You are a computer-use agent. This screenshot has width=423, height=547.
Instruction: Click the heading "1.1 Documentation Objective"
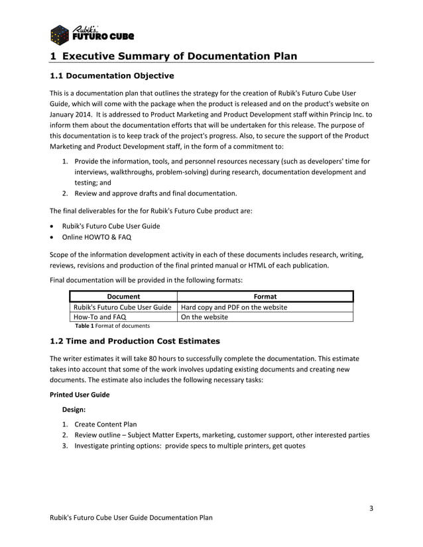point(112,75)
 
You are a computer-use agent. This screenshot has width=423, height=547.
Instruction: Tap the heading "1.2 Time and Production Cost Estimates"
point(135,342)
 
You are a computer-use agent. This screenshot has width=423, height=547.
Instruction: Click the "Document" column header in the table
point(123,296)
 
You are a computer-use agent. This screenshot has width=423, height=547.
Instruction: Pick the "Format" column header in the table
point(265,296)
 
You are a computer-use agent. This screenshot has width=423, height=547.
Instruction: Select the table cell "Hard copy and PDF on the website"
point(234,307)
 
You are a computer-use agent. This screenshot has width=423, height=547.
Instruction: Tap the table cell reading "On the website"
point(204,317)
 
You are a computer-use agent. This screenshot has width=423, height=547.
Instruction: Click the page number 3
point(371,509)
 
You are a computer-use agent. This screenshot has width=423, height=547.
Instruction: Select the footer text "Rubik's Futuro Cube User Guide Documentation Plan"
point(131,517)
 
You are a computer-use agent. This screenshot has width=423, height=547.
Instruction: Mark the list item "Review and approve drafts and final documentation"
point(155,193)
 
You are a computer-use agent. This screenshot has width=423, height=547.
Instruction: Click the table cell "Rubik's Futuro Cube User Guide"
point(122,307)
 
